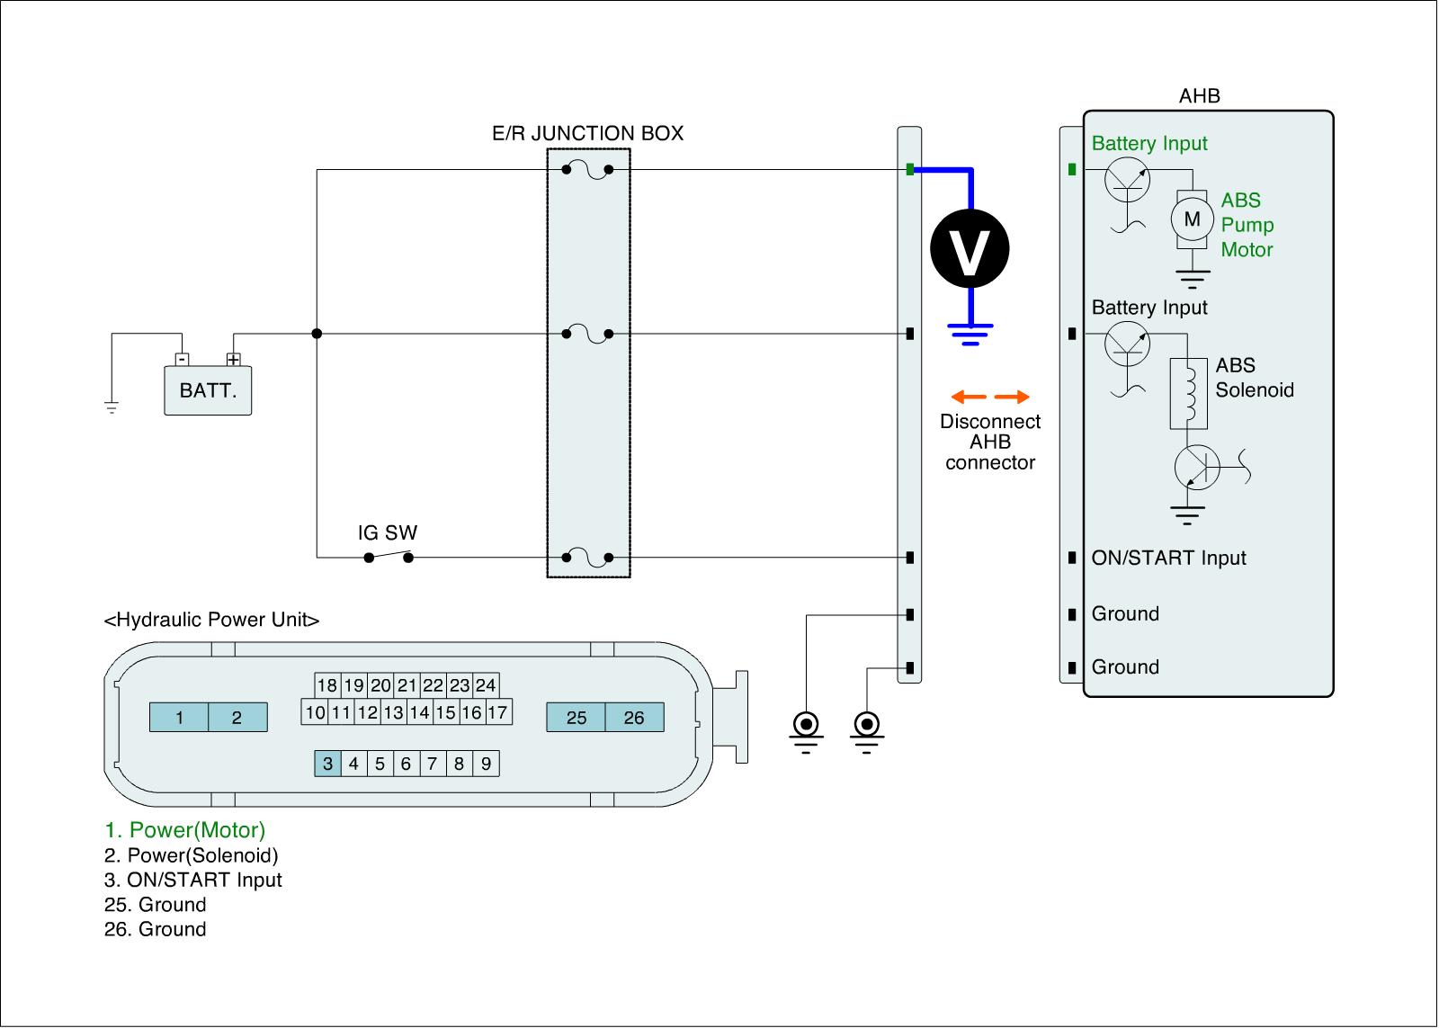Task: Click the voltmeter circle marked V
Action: tap(970, 249)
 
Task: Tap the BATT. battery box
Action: tap(208, 390)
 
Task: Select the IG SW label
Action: tap(388, 532)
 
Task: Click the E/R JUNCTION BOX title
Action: tap(587, 134)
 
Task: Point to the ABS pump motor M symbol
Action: tap(1192, 219)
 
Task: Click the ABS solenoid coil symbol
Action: tap(1188, 394)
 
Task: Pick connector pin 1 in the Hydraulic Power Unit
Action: tap(179, 718)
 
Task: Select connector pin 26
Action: tap(634, 718)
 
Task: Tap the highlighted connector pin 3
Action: tap(327, 764)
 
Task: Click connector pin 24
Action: tap(486, 685)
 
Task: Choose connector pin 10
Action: tap(315, 713)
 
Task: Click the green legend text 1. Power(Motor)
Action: tap(185, 830)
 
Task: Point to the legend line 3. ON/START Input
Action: tap(193, 880)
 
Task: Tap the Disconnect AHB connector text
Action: tap(990, 442)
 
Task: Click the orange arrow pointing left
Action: tap(969, 397)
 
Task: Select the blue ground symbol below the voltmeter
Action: tap(970, 334)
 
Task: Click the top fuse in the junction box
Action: tap(587, 170)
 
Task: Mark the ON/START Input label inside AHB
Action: tap(1168, 558)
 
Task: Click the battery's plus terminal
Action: tap(234, 360)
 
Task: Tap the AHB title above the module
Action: tap(1199, 96)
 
